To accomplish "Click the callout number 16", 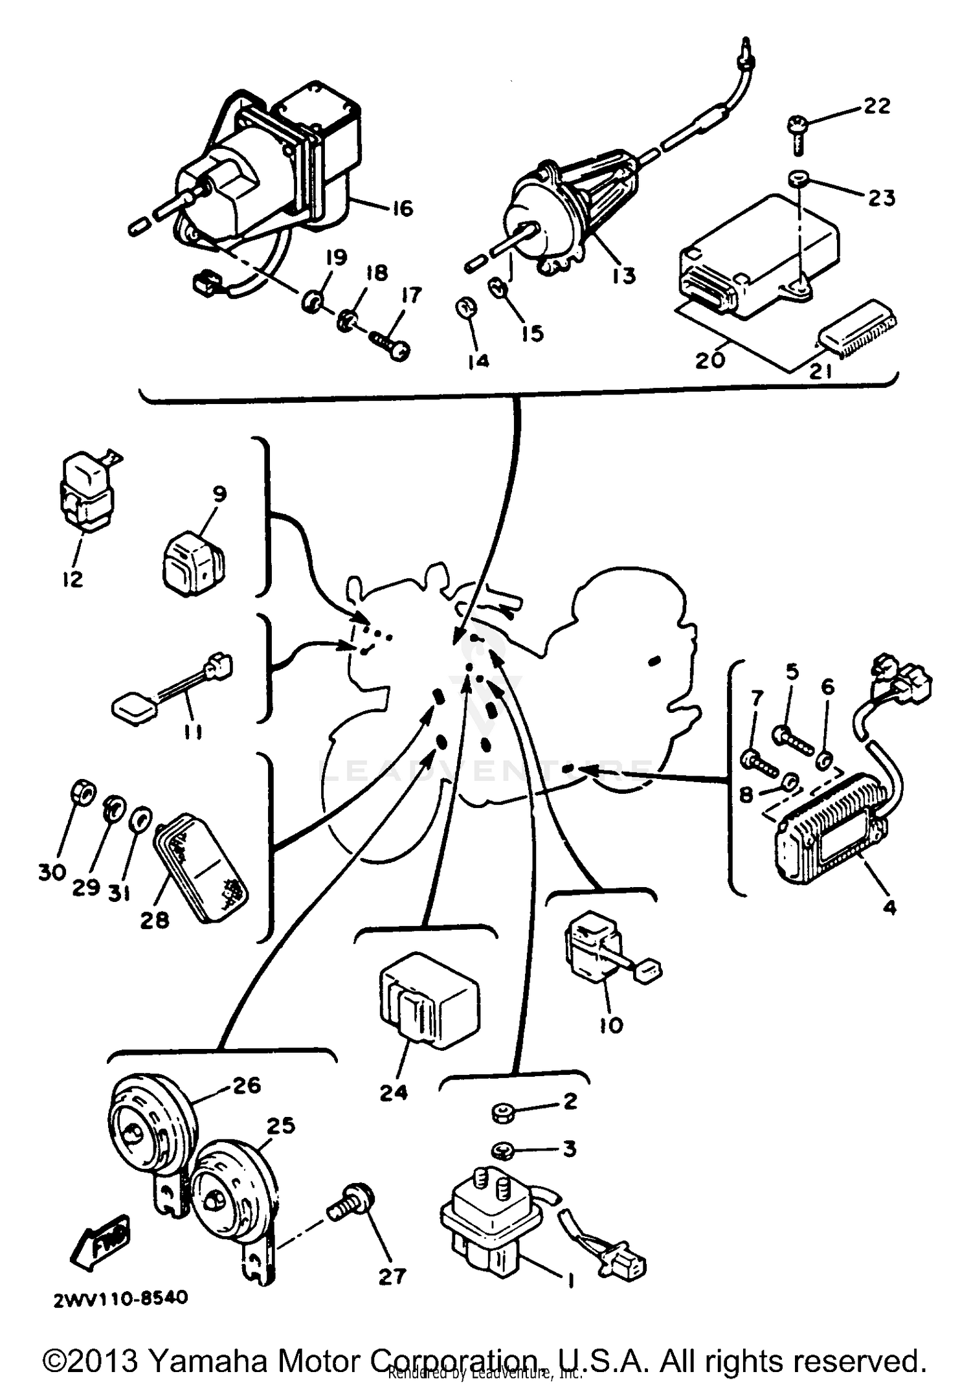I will click(402, 208).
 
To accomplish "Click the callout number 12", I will click(73, 578).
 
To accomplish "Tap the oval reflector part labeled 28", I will click(200, 861).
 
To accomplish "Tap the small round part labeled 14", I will click(467, 307).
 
